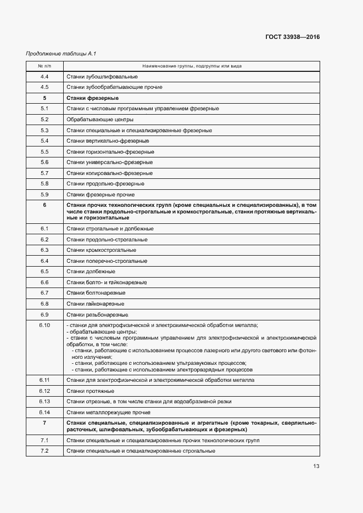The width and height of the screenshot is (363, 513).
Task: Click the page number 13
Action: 316,466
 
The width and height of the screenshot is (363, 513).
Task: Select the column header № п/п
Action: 44,66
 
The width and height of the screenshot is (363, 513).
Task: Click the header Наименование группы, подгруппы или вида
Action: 192,66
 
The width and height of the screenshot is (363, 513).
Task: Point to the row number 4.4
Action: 44,76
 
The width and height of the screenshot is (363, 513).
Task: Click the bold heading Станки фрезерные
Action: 92,98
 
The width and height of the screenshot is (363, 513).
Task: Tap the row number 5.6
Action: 44,162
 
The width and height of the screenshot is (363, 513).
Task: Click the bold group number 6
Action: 44,205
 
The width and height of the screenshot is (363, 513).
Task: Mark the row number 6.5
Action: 44,271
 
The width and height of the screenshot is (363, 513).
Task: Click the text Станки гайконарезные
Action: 95,303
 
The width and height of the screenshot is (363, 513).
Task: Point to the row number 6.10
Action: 44,325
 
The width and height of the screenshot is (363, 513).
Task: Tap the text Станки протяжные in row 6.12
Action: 90,391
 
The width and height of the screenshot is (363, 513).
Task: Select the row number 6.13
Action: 44,401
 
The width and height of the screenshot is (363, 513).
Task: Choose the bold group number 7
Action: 44,423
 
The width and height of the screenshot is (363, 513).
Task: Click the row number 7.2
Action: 44,450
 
